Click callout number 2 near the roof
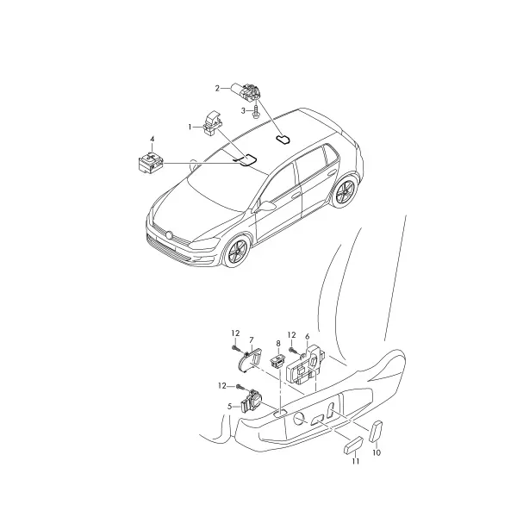(217, 89)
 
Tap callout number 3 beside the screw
(243, 111)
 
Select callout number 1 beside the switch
(190, 127)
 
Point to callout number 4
(152, 139)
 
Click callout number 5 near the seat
(230, 407)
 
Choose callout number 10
(377, 452)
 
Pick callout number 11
(355, 461)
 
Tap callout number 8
(278, 343)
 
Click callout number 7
(252, 340)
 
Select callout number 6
(308, 337)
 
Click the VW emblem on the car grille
(170, 235)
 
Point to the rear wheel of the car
(345, 192)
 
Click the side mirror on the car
(265, 206)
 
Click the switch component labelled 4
(151, 162)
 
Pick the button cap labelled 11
(353, 445)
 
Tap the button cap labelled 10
(377, 432)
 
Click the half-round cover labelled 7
(250, 361)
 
